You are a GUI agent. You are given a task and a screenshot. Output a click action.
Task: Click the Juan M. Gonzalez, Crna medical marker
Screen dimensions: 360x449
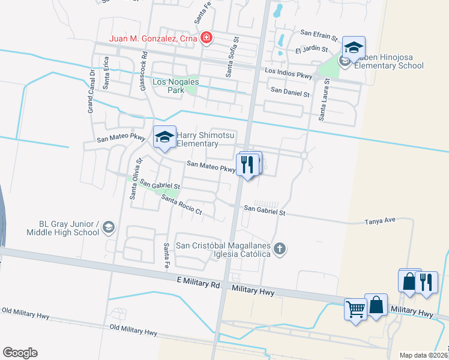pyautogui.click(x=206, y=38)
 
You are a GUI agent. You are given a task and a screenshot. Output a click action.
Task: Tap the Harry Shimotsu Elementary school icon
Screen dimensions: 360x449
pyautogui.click(x=164, y=137)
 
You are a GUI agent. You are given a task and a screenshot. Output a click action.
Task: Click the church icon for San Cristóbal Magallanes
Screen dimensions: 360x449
pyautogui.click(x=279, y=248)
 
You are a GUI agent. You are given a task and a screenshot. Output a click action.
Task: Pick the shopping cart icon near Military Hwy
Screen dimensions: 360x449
pyautogui.click(x=355, y=310)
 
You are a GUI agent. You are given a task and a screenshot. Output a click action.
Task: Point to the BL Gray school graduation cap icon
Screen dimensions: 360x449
pyautogui.click(x=108, y=226)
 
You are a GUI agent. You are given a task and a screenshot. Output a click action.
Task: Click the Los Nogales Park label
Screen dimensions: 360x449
pyautogui.click(x=175, y=86)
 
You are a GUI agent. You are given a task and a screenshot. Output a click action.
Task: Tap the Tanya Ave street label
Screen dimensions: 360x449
pyautogui.click(x=381, y=221)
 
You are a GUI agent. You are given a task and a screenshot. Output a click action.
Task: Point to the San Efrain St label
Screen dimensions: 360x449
pyautogui.click(x=321, y=34)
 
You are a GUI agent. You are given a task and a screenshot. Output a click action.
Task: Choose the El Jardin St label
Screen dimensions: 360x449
pyautogui.click(x=311, y=50)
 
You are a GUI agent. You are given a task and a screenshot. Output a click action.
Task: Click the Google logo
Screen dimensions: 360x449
pyautogui.click(x=20, y=353)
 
